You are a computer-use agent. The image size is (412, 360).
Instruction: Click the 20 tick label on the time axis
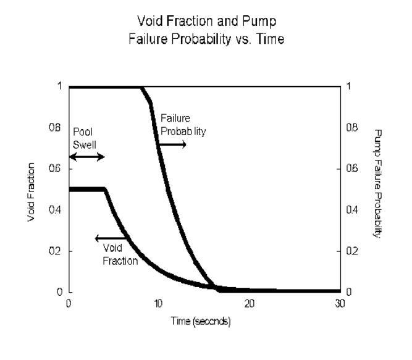[x=250, y=304]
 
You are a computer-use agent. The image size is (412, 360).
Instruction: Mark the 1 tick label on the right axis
[x=348, y=87]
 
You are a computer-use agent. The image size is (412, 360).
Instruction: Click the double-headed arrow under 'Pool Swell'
[x=86, y=157]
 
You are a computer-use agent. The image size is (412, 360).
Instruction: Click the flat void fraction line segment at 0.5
[x=86, y=190]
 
